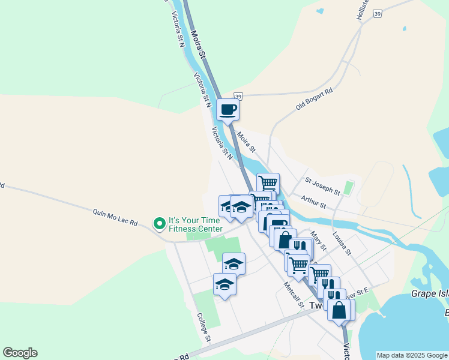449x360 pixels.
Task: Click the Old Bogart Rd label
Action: pyautogui.click(x=314, y=100)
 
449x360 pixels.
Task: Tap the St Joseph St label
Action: pyautogui.click(x=322, y=186)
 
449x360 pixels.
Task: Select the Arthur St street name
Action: pyautogui.click(x=313, y=202)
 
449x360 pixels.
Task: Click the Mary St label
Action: pyautogui.click(x=319, y=240)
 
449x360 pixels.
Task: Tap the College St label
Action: pyautogui.click(x=203, y=328)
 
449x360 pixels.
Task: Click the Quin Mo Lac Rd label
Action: pyautogui.click(x=115, y=217)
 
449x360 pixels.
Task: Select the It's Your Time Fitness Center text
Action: pyautogui.click(x=195, y=224)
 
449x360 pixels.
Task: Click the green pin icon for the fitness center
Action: pyautogui.click(x=159, y=224)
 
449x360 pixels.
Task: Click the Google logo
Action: pyautogui.click(x=20, y=353)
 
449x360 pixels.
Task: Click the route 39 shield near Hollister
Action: pyautogui.click(x=377, y=13)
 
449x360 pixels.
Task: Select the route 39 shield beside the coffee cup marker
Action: pyautogui.click(x=238, y=96)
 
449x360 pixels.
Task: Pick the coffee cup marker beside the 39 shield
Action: pyautogui.click(x=228, y=110)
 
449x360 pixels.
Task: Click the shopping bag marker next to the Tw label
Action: pyautogui.click(x=339, y=310)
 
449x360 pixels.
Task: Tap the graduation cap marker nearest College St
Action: pyautogui.click(x=224, y=284)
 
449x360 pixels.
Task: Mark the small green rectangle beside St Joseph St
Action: pyautogui.click(x=349, y=189)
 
